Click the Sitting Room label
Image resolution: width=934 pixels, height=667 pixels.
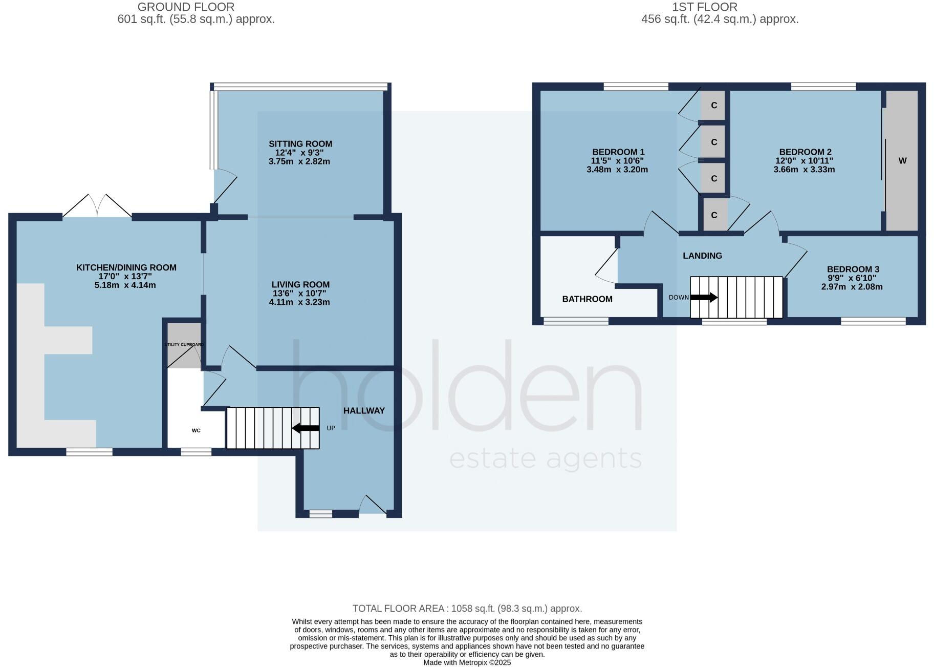[300, 144]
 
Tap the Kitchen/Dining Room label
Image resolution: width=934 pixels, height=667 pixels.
[126, 267]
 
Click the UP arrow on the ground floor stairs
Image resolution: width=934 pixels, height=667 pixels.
[306, 428]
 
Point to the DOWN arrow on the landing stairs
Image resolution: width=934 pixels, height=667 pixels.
[704, 297]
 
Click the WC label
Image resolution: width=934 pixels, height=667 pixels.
[196, 430]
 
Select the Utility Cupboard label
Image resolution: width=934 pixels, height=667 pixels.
[184, 344]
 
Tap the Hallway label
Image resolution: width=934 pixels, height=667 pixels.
[364, 411]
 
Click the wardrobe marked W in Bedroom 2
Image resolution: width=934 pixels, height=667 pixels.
[902, 161]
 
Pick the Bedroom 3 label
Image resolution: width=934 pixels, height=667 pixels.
[853, 269]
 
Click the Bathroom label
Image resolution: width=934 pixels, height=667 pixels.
[587, 299]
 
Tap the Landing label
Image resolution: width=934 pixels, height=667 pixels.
[702, 256]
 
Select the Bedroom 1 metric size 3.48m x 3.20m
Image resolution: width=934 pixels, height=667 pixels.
[617, 170]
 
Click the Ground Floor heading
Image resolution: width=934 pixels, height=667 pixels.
[186, 7]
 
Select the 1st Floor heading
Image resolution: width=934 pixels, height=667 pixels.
[704, 7]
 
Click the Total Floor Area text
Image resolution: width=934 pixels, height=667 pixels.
[467, 609]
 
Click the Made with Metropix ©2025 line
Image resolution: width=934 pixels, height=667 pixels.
[467, 662]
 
